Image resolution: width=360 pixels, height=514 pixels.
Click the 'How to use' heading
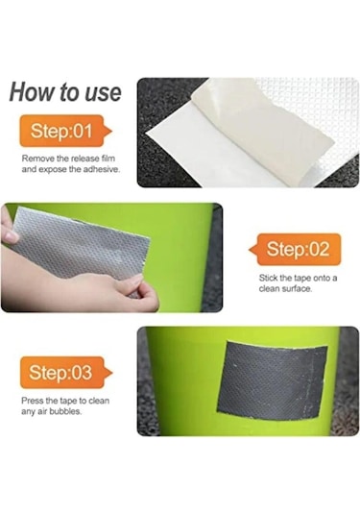(65, 92)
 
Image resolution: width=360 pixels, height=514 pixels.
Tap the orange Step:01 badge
(65, 131)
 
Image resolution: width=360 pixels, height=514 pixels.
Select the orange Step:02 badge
(295, 250)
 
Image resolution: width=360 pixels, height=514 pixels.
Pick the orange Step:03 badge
(66, 373)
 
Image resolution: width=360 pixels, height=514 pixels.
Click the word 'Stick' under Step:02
(268, 278)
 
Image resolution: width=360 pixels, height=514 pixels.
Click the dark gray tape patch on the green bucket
(273, 379)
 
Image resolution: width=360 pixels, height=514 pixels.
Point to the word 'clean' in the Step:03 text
(99, 401)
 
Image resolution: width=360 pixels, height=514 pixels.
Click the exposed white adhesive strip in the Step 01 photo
(209, 151)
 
